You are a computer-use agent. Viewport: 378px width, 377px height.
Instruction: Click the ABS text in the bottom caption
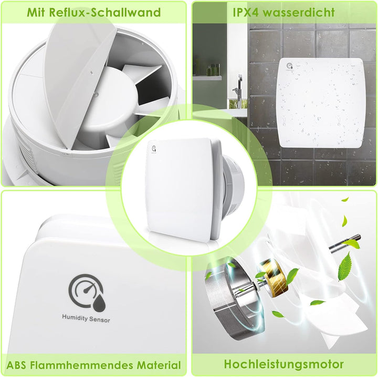tap(19, 365)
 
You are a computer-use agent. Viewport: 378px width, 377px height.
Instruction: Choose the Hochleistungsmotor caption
tap(283, 364)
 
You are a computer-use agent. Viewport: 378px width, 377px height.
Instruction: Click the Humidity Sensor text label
tap(86, 318)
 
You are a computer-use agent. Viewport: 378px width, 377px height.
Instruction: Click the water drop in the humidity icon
tap(96, 301)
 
